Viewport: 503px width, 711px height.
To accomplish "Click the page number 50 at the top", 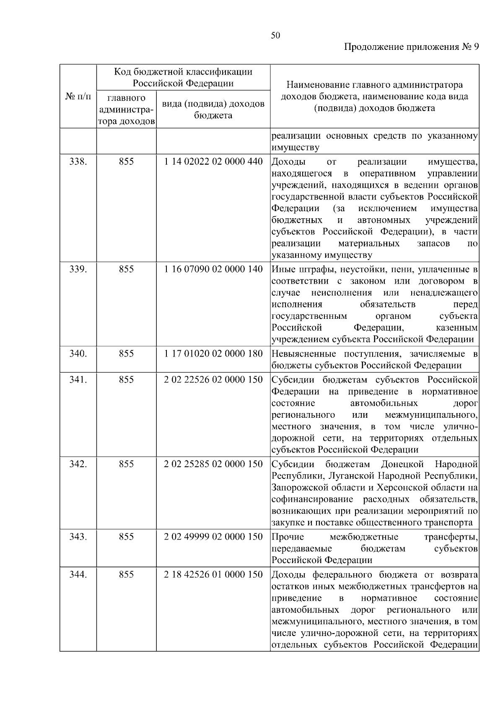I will coord(275,36).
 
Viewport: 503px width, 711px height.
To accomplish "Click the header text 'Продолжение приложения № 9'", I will coord(411,47).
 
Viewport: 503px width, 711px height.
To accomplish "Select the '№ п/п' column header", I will coord(78,97).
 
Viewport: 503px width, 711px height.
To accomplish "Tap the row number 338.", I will coord(78,162).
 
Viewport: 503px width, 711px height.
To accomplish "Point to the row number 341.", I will coord(78,380).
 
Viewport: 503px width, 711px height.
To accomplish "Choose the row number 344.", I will coord(78,574).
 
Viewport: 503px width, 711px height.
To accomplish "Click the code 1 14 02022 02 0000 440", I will coord(213,162).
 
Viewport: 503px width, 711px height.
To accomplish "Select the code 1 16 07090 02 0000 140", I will coord(213,269).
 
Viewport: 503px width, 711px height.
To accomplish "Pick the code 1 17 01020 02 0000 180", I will coord(213,354).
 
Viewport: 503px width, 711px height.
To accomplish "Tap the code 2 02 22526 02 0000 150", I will coord(213,380).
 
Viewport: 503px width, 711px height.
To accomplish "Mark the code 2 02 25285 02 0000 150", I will coord(213,464).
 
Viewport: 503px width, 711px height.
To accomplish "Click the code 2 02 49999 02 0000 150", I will coord(213,537).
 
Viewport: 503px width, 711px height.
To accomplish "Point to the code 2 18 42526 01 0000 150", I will coord(213,574).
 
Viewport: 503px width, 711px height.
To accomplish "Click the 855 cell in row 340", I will coord(126,354).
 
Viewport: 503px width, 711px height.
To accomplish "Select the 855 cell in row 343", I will coord(126,537).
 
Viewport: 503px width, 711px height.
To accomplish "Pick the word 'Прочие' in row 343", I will coord(288,537).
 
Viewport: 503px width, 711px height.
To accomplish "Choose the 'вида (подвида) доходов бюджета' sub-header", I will coord(213,109).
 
